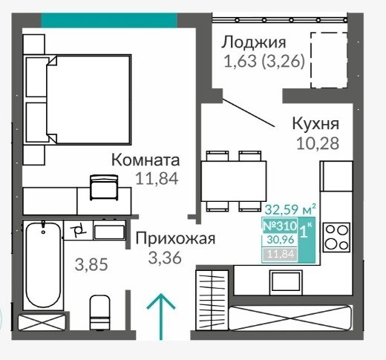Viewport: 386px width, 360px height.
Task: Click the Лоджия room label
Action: point(254,42)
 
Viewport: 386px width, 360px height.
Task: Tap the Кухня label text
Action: point(315,123)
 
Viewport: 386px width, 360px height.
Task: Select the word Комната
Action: point(145,160)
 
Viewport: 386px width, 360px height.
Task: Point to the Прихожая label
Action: point(175,238)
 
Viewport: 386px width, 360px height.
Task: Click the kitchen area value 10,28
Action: point(318,143)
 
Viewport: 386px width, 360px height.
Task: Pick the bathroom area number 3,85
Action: point(91,264)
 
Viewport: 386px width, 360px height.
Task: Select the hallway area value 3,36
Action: point(165,258)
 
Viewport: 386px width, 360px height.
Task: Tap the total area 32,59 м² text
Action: point(290,209)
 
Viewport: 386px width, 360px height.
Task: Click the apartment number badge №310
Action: point(280,226)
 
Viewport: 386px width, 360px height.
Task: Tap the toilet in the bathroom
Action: point(99,312)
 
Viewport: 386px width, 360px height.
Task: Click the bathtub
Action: point(43,265)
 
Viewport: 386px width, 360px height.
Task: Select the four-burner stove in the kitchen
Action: point(336,238)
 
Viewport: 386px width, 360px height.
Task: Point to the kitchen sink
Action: point(286,282)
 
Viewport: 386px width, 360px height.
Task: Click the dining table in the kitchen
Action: point(234,181)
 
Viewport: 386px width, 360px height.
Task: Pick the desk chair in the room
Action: point(104,187)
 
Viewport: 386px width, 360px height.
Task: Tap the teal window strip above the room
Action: point(109,20)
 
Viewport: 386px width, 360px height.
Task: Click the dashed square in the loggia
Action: point(329,60)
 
